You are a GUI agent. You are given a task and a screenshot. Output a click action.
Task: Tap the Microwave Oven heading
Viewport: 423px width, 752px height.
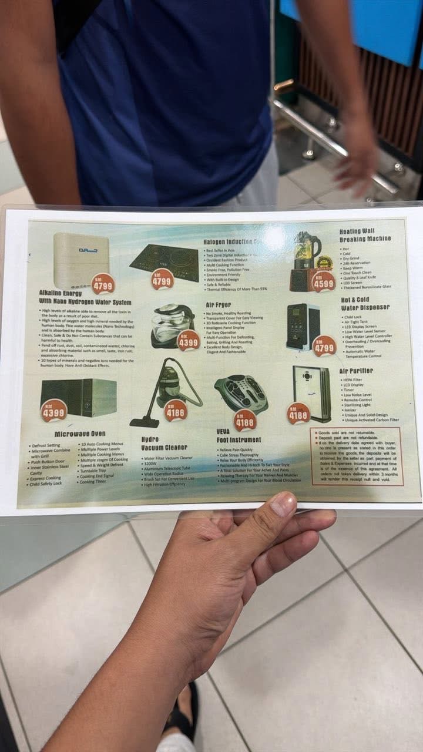(x=80, y=434)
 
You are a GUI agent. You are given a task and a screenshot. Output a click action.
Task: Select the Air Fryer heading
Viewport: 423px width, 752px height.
(x=218, y=305)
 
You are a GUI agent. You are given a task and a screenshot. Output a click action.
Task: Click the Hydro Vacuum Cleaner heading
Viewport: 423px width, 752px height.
(x=164, y=443)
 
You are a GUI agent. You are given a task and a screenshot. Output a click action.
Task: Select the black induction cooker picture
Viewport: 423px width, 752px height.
(x=164, y=261)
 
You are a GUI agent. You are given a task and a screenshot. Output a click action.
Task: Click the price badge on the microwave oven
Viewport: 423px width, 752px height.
(x=53, y=410)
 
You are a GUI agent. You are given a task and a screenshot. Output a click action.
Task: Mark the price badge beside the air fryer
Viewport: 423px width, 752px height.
(x=189, y=340)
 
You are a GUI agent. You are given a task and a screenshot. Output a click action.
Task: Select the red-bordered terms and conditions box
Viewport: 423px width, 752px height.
(x=357, y=456)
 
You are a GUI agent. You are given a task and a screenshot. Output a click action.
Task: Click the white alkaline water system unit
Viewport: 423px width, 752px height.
(x=81, y=260)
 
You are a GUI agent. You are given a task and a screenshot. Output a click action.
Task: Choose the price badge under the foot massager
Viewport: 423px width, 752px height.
(x=244, y=420)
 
